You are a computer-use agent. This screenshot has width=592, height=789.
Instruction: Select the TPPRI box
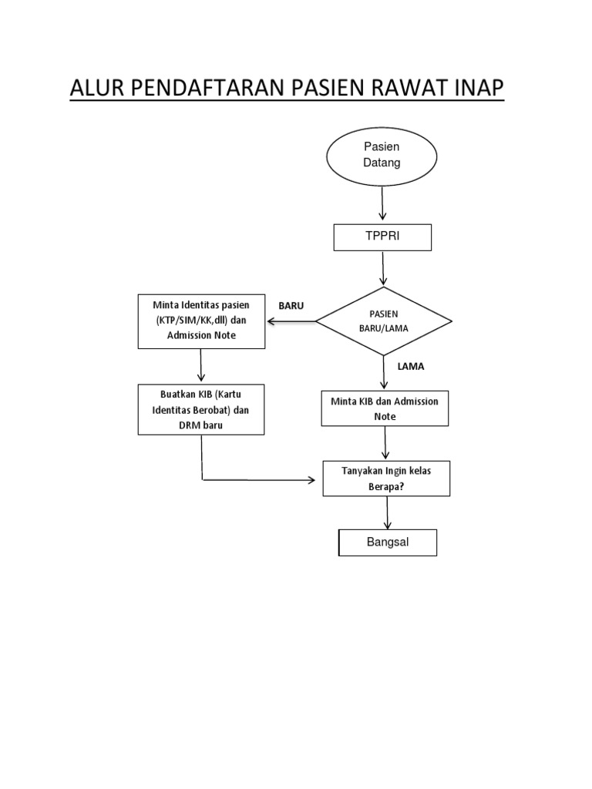click(x=382, y=237)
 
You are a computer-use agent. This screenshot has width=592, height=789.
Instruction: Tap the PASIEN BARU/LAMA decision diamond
click(x=384, y=321)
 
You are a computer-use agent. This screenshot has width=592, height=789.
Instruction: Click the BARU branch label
click(x=291, y=306)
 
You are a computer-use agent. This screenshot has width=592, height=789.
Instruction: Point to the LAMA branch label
click(x=411, y=367)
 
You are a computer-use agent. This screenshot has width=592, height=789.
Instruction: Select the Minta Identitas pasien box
click(x=200, y=321)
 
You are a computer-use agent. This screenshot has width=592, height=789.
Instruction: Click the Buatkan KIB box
click(x=200, y=410)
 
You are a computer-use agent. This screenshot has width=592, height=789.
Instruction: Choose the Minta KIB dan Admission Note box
click(x=385, y=408)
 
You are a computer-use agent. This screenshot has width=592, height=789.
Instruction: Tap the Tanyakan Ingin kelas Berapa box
click(x=386, y=478)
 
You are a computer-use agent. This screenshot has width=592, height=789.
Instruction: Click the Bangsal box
click(x=388, y=542)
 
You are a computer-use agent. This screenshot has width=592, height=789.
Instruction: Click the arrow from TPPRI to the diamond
click(x=383, y=269)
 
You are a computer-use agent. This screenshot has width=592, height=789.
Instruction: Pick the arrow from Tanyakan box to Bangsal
click(x=387, y=512)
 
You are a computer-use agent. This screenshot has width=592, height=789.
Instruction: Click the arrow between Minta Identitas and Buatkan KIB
click(x=200, y=365)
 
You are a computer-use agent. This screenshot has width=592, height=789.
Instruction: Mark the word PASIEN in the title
click(x=317, y=89)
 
